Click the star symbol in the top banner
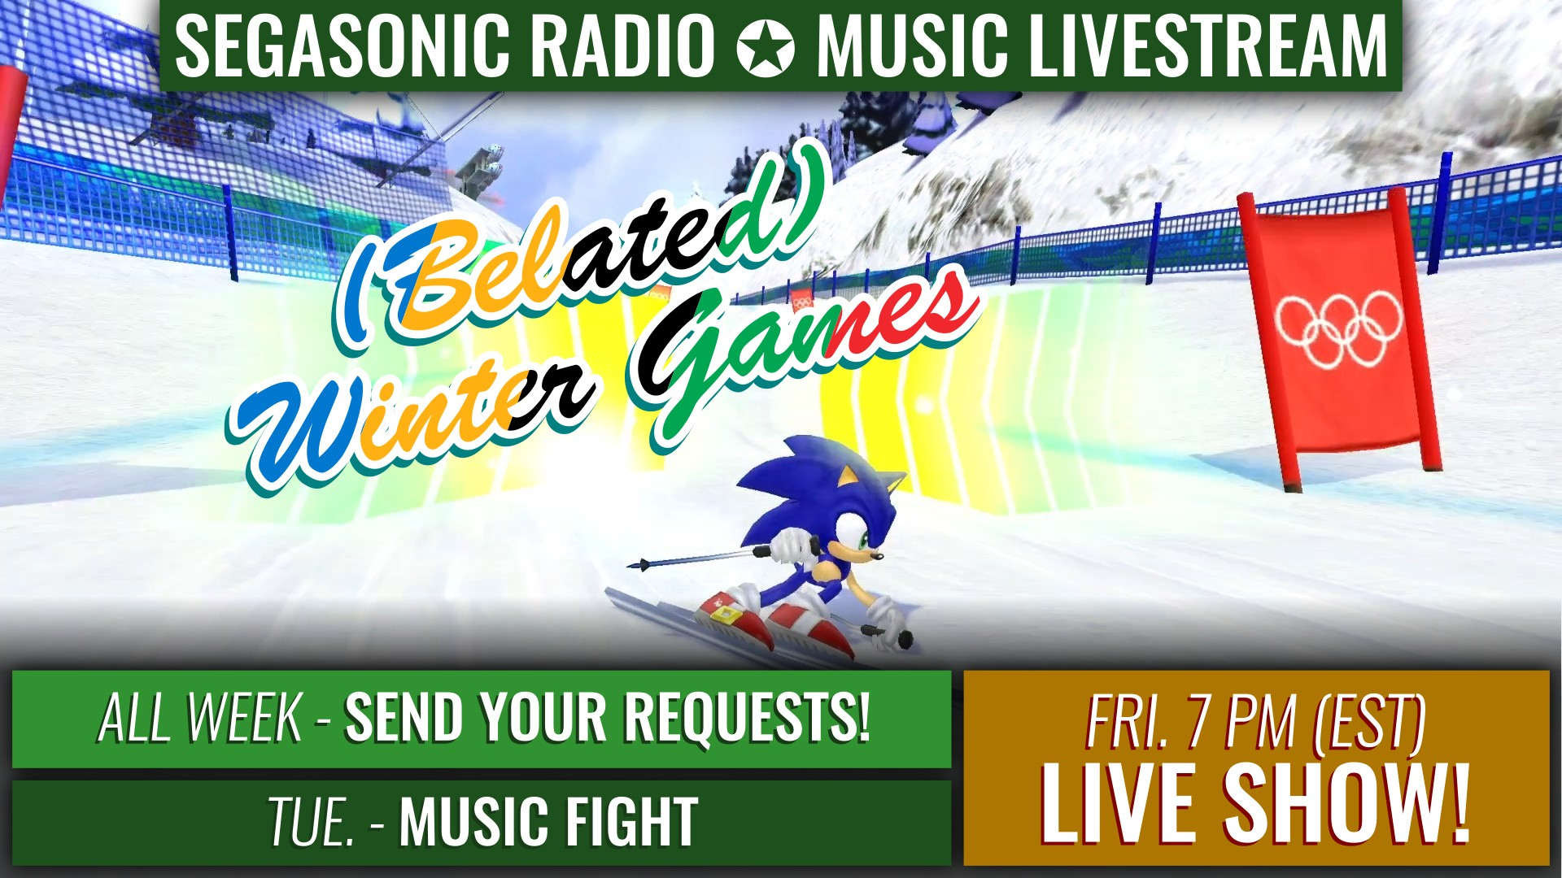click(x=766, y=46)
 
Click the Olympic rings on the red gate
click(x=1338, y=328)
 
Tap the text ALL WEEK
click(x=200, y=718)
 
